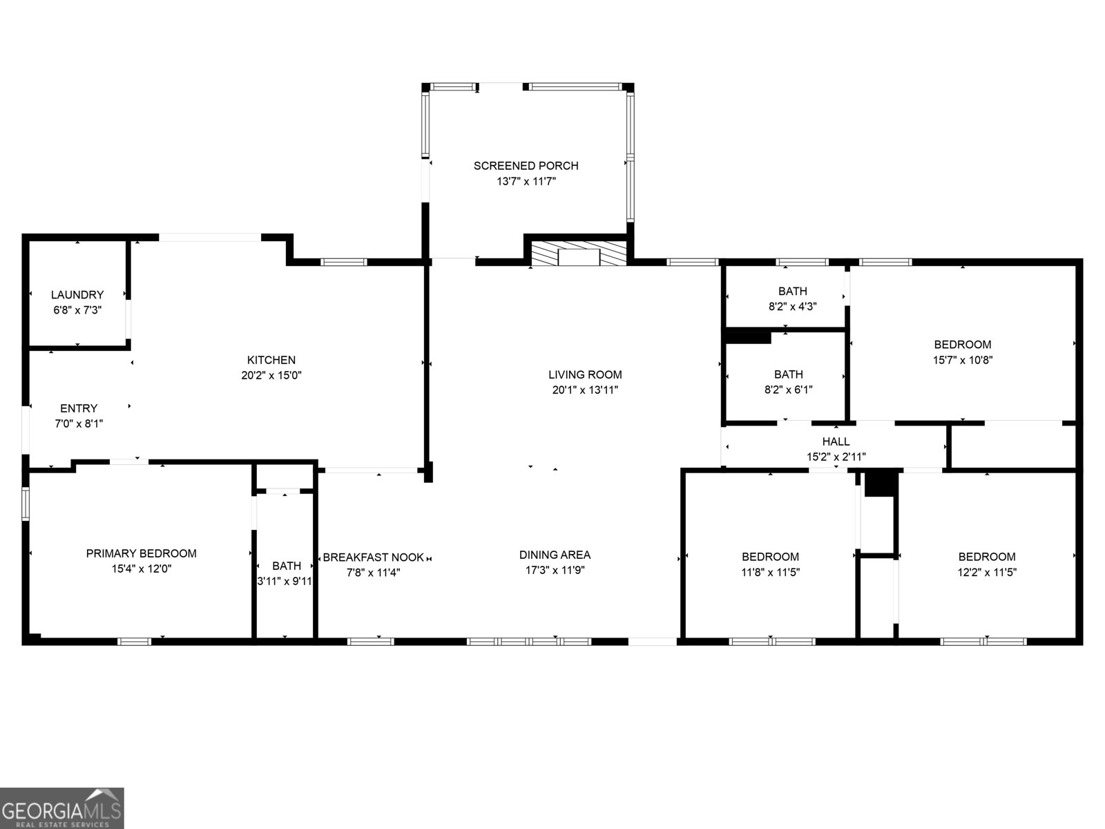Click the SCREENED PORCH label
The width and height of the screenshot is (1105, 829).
pyautogui.click(x=526, y=166)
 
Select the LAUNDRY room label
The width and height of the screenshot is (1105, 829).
pyautogui.click(x=77, y=295)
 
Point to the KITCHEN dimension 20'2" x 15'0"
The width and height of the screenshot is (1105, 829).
pyautogui.click(x=271, y=376)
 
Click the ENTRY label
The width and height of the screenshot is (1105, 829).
pyautogui.click(x=79, y=408)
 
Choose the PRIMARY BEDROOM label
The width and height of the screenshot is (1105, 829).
pyautogui.click(x=141, y=553)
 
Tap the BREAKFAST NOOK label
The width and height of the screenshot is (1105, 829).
pyautogui.click(x=374, y=558)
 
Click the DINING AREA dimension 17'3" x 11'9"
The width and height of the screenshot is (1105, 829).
pyautogui.click(x=555, y=571)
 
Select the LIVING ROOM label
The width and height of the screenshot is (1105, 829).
pyautogui.click(x=585, y=374)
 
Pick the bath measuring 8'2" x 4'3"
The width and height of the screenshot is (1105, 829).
pyautogui.click(x=792, y=299)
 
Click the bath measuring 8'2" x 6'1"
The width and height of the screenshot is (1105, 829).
pyautogui.click(x=788, y=382)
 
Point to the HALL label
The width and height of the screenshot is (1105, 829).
pyautogui.click(x=836, y=441)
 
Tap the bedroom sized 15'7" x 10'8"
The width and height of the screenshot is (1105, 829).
pyautogui.click(x=962, y=352)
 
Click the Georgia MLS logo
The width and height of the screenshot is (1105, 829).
pyautogui.click(x=62, y=808)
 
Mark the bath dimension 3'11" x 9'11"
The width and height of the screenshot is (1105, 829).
pyautogui.click(x=285, y=582)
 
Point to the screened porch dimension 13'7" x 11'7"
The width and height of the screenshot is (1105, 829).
pyautogui.click(x=526, y=182)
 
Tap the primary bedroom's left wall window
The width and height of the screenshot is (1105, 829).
pyautogui.click(x=26, y=503)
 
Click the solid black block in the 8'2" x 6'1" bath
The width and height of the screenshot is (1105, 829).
pyautogui.click(x=747, y=337)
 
